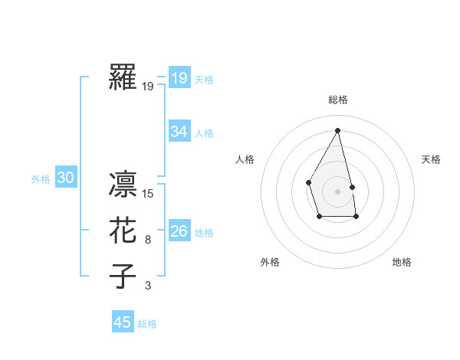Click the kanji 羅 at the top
click(x=123, y=77)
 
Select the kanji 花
click(x=123, y=231)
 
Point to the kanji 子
click(x=123, y=277)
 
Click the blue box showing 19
click(x=179, y=77)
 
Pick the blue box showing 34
click(x=179, y=132)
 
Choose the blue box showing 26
click(x=179, y=231)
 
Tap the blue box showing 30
click(x=66, y=178)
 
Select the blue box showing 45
click(x=123, y=322)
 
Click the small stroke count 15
click(x=148, y=194)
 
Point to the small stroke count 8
click(x=148, y=240)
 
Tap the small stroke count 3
click(x=148, y=286)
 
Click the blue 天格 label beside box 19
click(x=204, y=79)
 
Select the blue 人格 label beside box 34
click(x=204, y=133)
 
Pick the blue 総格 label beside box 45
click(x=147, y=324)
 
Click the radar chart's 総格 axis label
click(x=338, y=100)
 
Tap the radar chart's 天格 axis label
click(x=432, y=159)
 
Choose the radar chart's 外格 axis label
click(x=270, y=262)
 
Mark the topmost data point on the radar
click(x=338, y=130)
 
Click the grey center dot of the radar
click(x=337, y=190)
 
